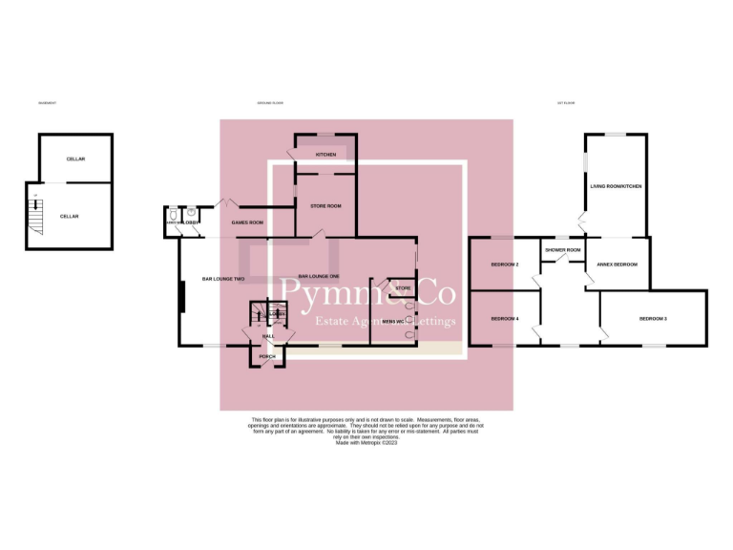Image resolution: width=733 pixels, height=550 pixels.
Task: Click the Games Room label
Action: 248,222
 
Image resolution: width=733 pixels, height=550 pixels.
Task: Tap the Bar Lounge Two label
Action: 223,279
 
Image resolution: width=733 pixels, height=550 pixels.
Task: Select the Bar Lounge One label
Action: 319,276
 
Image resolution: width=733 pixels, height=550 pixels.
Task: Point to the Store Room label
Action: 326,205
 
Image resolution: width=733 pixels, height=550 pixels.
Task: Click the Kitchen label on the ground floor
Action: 326,155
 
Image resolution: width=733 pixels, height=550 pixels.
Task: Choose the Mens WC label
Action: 393,321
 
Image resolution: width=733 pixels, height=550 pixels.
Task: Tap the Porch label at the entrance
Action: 267,356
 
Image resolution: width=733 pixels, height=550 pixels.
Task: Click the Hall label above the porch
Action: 268,336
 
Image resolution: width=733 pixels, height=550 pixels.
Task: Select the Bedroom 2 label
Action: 505,264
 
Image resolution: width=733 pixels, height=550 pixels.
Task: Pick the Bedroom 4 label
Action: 505,318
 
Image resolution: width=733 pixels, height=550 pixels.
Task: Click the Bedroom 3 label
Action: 653,318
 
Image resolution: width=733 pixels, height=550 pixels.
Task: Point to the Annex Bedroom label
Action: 617,264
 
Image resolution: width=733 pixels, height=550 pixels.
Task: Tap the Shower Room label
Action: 563,250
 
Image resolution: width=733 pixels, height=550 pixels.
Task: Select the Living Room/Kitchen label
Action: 616,187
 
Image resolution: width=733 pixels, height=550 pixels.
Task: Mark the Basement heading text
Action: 47,102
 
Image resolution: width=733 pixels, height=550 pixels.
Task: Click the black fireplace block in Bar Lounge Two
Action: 181,296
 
